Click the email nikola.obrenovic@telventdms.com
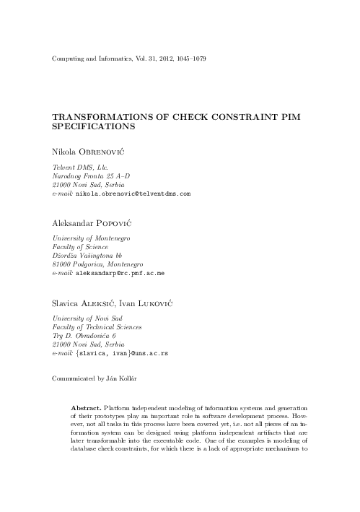pyautogui.click(x=133, y=194)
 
